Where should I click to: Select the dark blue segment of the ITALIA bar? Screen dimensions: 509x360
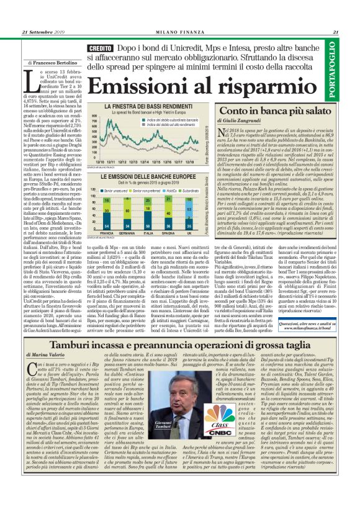tap(148, 223)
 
